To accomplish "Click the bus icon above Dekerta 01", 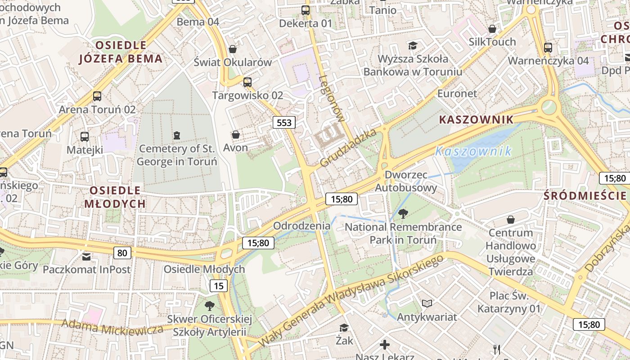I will [x=306, y=10].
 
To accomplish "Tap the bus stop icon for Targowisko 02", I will [x=247, y=82].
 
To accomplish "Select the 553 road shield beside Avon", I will [x=284, y=122].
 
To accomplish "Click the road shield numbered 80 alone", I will [x=122, y=253].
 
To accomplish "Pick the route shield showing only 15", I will [x=219, y=286].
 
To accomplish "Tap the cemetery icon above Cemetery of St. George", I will [x=177, y=135].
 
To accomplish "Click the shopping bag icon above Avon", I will [x=235, y=135].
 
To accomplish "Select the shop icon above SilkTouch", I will [x=492, y=29].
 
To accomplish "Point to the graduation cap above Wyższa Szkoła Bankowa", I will [x=413, y=45].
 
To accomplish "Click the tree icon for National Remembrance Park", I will [x=403, y=213].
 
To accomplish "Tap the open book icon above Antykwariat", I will [x=427, y=304].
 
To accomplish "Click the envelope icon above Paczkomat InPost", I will [x=86, y=256].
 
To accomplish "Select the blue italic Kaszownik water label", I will [x=473, y=151].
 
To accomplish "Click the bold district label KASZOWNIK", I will [x=476, y=120].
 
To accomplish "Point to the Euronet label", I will [x=457, y=94].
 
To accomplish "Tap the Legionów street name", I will [x=331, y=99].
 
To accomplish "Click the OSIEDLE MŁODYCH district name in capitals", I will [x=115, y=197].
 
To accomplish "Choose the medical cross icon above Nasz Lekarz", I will [x=385, y=345].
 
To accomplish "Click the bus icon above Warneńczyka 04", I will [x=548, y=48].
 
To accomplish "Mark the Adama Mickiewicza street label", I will [x=112, y=327].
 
